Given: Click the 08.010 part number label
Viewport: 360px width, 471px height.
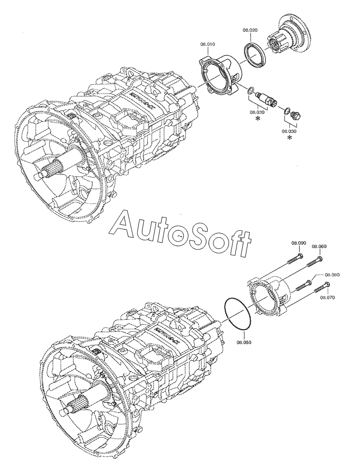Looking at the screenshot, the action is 208,44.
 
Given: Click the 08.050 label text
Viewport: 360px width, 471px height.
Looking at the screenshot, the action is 244,342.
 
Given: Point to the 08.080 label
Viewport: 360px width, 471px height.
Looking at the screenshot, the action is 332,275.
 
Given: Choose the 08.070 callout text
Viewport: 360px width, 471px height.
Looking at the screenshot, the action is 327,298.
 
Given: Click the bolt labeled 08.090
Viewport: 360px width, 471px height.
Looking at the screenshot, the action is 295,259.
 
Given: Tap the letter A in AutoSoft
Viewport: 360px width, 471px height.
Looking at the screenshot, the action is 123,223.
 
